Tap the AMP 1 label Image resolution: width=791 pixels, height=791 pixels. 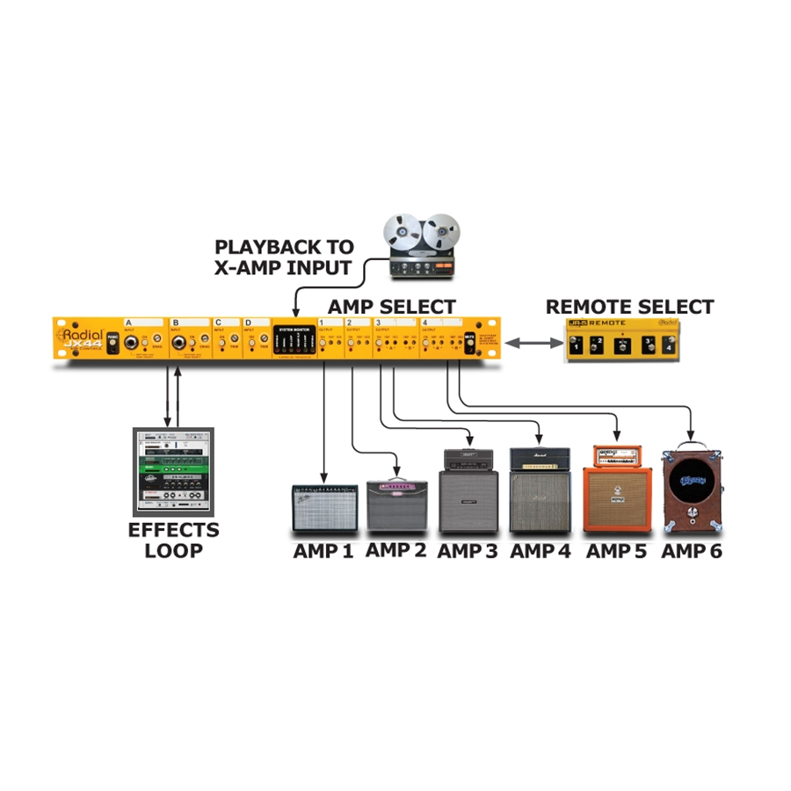click(323, 551)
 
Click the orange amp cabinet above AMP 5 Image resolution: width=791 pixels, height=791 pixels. click(620, 497)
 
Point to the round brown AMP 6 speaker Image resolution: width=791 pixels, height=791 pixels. click(692, 486)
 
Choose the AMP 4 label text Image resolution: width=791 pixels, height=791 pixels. click(541, 551)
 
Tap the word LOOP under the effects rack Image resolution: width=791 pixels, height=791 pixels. click(173, 551)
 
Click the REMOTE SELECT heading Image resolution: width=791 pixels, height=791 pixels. click(630, 307)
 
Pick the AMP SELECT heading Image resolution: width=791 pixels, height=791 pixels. click(392, 307)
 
